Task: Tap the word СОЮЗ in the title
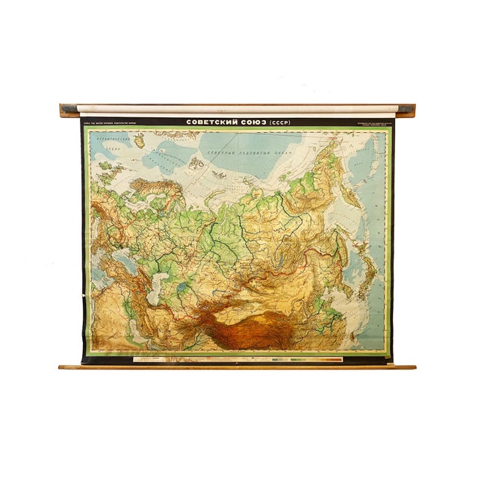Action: tap(252, 122)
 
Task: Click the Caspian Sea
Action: tap(155, 286)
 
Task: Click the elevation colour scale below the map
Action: tap(306, 360)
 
